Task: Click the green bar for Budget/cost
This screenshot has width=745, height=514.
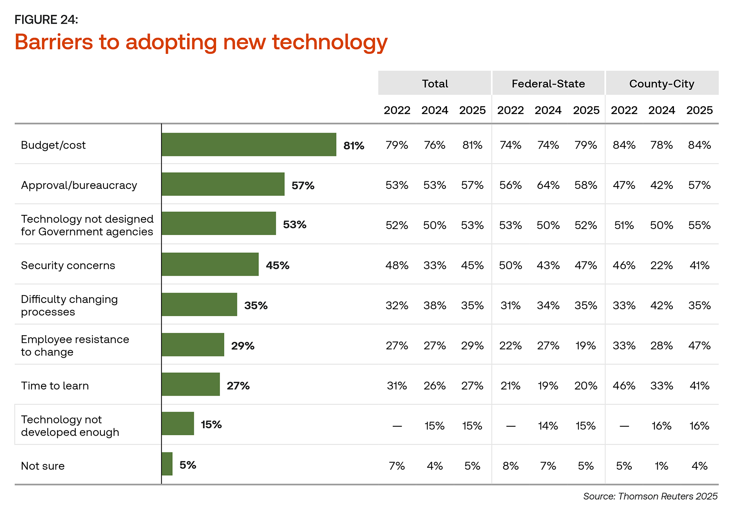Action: click(249, 145)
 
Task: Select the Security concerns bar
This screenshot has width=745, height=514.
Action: click(210, 265)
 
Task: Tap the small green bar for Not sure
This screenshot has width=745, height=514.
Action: click(167, 464)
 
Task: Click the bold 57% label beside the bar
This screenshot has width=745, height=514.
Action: click(303, 185)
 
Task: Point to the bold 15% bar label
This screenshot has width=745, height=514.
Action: click(211, 425)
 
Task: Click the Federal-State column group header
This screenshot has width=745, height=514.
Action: click(548, 84)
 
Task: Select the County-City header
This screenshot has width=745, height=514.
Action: click(662, 84)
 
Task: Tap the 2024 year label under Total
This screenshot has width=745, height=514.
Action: click(435, 111)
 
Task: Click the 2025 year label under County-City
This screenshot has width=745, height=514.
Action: click(699, 111)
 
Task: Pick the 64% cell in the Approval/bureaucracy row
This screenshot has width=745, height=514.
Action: click(548, 185)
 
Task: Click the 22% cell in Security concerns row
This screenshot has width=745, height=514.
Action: click(662, 266)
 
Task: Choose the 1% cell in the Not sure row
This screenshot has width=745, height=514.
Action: click(662, 466)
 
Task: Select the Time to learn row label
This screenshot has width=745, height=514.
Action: click(55, 386)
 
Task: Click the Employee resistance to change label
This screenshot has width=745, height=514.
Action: click(75, 346)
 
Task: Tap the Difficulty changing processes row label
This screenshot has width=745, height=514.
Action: click(69, 306)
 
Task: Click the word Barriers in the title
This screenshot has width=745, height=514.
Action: click(54, 42)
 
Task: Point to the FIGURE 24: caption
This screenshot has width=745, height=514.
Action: click(46, 19)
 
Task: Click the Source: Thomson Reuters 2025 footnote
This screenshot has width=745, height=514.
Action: click(650, 497)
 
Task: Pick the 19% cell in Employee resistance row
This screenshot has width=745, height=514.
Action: click(586, 346)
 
